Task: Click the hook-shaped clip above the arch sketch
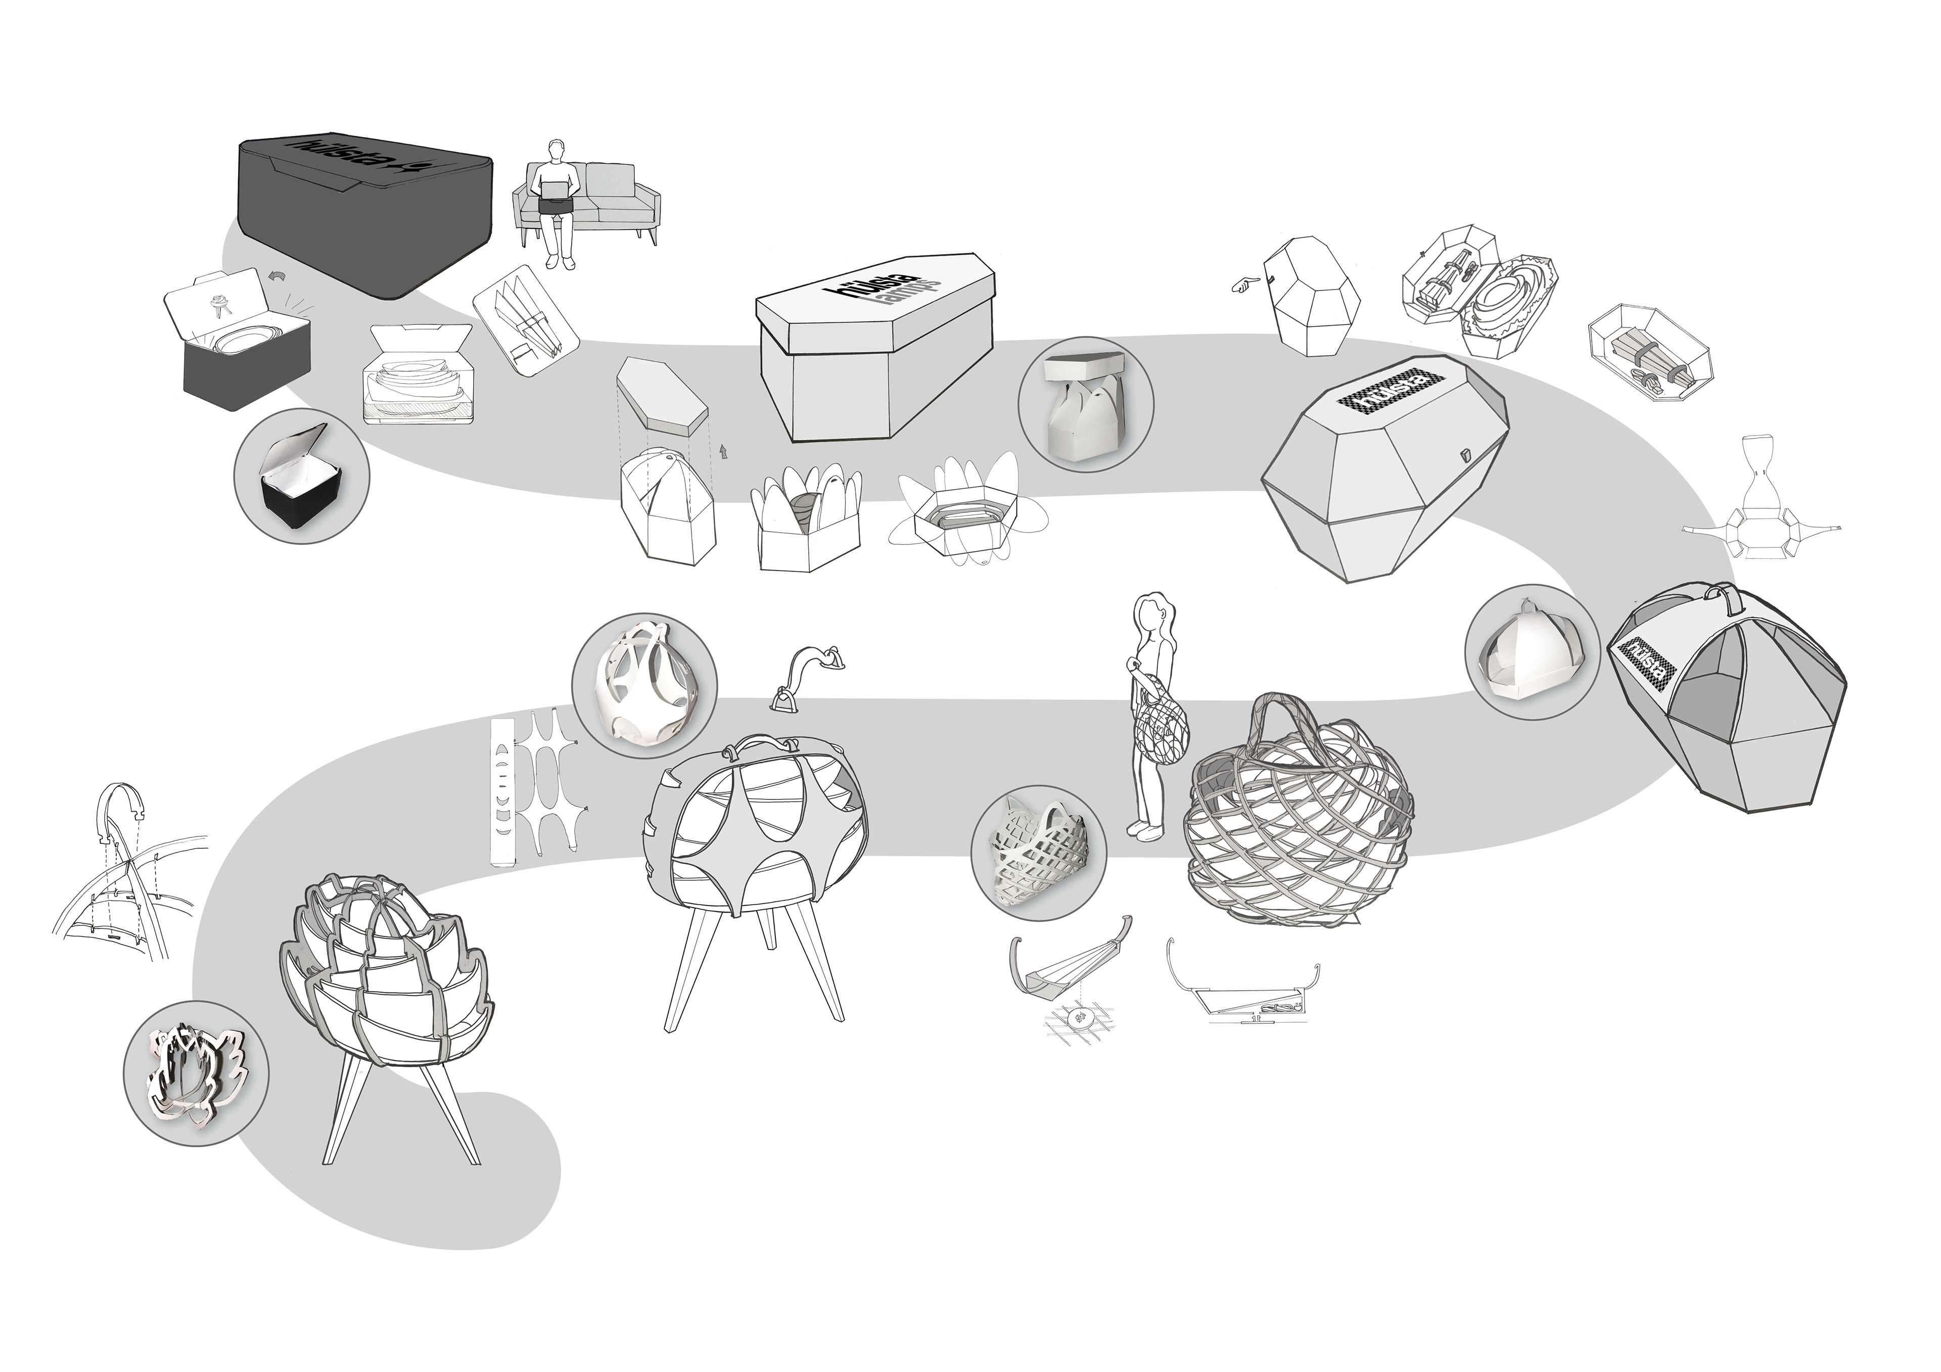click(x=123, y=812)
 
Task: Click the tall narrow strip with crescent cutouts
click(x=502, y=791)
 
